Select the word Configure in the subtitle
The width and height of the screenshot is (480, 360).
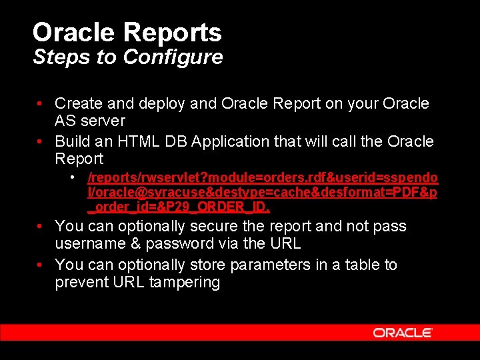point(173,57)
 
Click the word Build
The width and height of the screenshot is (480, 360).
point(71,141)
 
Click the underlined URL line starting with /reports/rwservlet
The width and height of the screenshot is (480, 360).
point(263,178)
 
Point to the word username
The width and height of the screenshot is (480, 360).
point(90,244)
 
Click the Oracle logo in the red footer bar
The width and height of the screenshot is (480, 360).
point(403,332)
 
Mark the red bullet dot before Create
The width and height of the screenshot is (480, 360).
point(41,104)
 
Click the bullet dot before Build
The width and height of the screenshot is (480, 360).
point(41,141)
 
